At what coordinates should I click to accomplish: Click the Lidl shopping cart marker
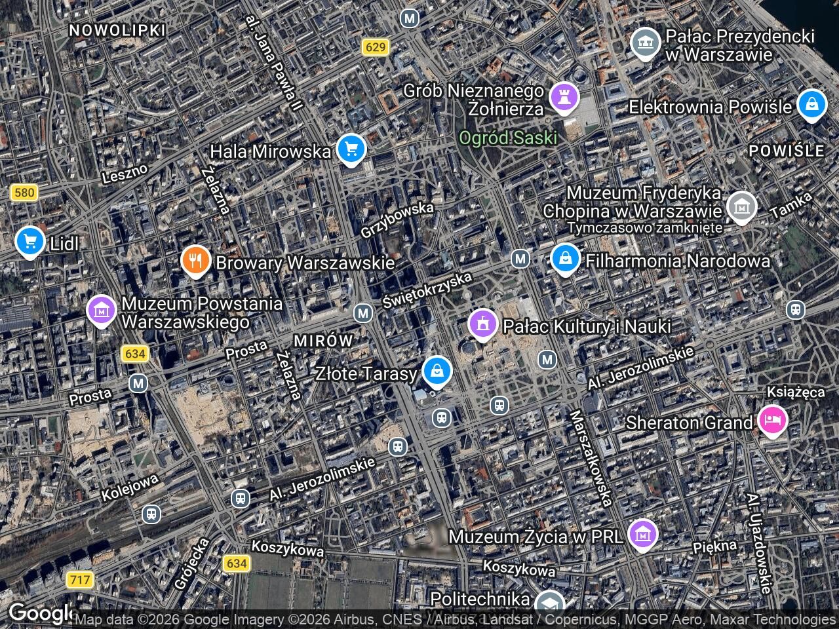[x=29, y=241]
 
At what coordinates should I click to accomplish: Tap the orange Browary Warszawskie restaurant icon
[x=195, y=261]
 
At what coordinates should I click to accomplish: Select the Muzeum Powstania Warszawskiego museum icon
[x=101, y=310]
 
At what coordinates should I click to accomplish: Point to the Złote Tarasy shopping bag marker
[x=437, y=372]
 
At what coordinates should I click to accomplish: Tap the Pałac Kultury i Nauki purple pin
[x=483, y=324]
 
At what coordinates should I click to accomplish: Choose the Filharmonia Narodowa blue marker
[x=564, y=259]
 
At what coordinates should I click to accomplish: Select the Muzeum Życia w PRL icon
[x=643, y=535]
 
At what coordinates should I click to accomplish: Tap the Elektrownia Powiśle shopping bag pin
[x=811, y=104]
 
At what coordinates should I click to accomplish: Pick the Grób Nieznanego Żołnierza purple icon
[x=564, y=97]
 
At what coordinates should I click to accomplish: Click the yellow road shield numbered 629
[x=376, y=47]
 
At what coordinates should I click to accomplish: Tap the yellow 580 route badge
[x=24, y=193]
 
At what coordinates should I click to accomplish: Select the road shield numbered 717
[x=79, y=580]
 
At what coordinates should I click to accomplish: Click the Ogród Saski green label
[x=508, y=138]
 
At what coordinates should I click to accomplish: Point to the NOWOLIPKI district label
[x=117, y=30]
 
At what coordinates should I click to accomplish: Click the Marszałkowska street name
[x=591, y=459]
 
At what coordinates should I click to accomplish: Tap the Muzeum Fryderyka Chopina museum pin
[x=741, y=206]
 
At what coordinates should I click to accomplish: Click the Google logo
[x=39, y=613]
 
